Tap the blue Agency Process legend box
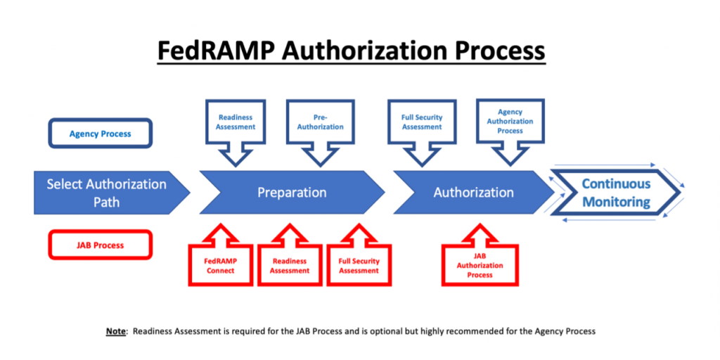[x=100, y=134]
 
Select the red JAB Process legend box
[x=100, y=245]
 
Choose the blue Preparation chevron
[x=291, y=193]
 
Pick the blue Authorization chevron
[x=473, y=193]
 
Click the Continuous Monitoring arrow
[x=615, y=193]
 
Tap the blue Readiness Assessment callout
[x=236, y=122]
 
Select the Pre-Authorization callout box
[x=320, y=122]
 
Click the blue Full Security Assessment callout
[x=422, y=122]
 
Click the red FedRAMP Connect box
[x=220, y=266]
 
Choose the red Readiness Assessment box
[x=290, y=266]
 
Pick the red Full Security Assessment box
[x=359, y=266]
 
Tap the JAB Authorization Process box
[x=480, y=266]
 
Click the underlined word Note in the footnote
[x=115, y=330]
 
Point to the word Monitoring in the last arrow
[x=616, y=202]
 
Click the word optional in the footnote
[x=438, y=330]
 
